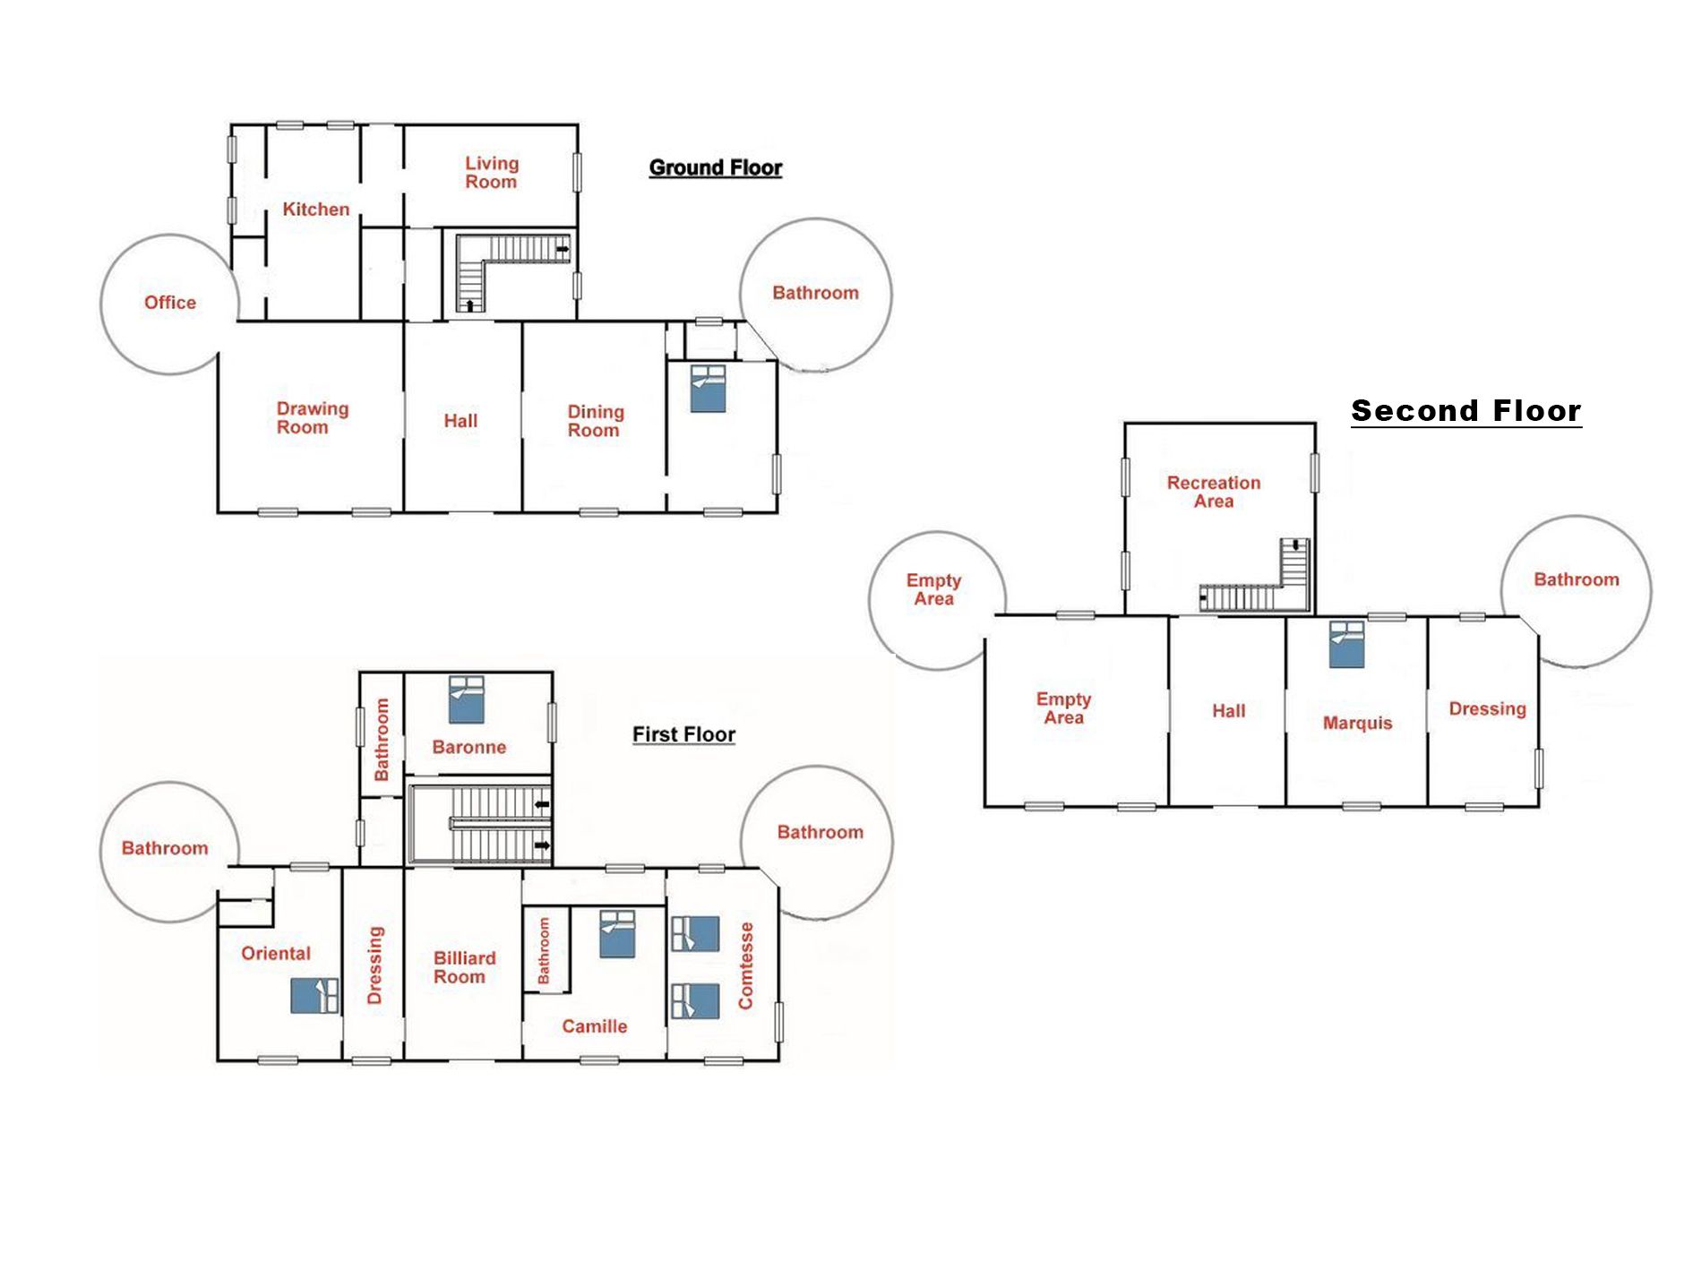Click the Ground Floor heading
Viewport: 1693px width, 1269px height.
716,167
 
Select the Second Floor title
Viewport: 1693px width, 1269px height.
1466,411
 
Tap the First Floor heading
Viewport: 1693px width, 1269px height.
683,734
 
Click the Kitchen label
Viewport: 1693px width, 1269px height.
316,210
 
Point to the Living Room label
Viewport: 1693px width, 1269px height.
491,173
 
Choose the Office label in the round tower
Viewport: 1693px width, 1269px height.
170,303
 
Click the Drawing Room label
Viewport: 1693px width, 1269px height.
312,418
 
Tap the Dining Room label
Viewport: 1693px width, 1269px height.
595,421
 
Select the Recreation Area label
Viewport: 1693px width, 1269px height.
1214,492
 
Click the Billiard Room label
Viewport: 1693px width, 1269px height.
464,967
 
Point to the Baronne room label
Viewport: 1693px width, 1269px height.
468,747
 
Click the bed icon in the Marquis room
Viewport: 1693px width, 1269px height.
1346,645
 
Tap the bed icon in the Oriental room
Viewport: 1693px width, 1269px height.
315,996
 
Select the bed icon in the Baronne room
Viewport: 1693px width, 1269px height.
466,699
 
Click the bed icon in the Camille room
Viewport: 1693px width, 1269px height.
617,935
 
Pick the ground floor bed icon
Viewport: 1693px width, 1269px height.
708,389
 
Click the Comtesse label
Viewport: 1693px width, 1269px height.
745,966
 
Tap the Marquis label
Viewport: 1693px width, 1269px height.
1357,723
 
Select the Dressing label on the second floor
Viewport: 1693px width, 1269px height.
1487,709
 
